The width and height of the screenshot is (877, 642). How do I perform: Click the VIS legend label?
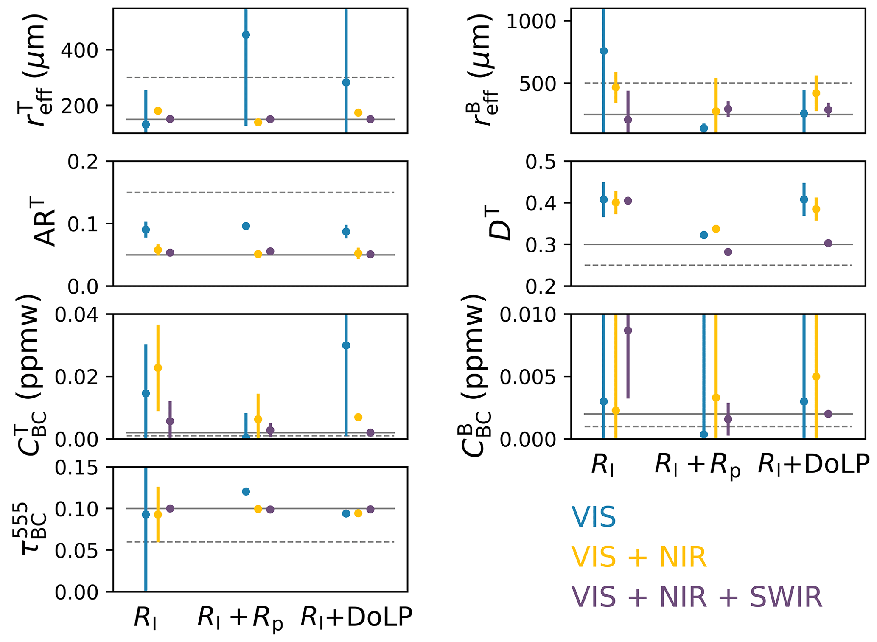(x=593, y=517)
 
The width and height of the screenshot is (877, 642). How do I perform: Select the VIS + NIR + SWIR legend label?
(x=697, y=597)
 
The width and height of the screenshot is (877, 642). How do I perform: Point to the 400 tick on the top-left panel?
(x=79, y=50)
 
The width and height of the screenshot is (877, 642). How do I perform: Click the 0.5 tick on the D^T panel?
(x=541, y=162)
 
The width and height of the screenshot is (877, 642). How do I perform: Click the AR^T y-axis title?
(x=45, y=224)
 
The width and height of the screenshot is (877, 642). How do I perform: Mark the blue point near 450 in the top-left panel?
(x=246, y=35)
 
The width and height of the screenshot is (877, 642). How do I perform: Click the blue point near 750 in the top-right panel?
(x=603, y=51)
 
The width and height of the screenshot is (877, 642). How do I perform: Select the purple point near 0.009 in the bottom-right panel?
(x=628, y=330)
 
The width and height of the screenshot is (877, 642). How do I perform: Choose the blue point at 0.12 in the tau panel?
(x=246, y=491)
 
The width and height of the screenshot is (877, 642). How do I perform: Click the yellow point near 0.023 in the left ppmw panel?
(x=158, y=368)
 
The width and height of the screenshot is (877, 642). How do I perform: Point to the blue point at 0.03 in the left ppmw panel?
(x=346, y=345)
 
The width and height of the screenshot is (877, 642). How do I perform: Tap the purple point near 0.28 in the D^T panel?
(x=728, y=252)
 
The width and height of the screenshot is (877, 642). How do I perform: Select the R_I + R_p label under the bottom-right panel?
(x=698, y=465)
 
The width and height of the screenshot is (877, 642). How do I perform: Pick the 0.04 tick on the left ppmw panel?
(x=82, y=314)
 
